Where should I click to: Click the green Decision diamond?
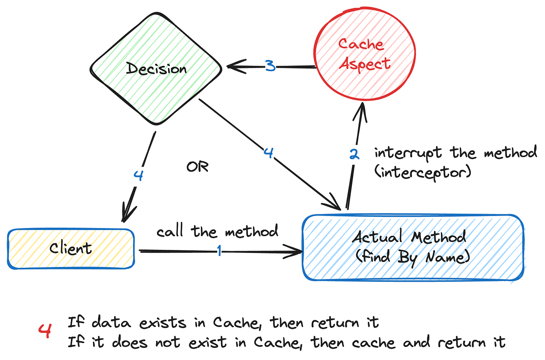(156, 68)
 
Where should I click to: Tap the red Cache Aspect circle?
(365, 54)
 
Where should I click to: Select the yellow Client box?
(71, 249)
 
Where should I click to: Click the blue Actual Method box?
(413, 248)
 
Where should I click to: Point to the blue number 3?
(270, 66)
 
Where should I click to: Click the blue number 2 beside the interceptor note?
(354, 154)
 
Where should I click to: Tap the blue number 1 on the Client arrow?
(220, 251)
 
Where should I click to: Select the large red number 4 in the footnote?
(45, 331)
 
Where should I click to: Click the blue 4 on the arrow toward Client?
(139, 175)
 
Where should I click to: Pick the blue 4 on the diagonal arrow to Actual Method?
(269, 153)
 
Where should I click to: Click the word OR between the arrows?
(197, 167)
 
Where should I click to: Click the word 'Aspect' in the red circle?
(365, 64)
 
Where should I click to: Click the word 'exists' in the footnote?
(163, 323)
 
